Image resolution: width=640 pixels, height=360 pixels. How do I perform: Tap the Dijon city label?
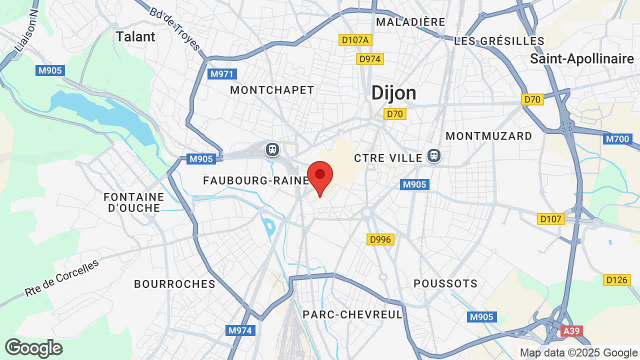pos(393,93)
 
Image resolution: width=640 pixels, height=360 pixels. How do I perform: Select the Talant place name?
pos(135,36)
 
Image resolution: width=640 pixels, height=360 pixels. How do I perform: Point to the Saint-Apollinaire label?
pos(582,59)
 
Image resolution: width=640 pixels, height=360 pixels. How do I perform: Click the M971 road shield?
pos(222,74)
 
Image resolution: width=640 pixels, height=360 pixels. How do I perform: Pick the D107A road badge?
pos(355,40)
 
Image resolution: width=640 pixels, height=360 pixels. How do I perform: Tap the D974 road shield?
pos(370,59)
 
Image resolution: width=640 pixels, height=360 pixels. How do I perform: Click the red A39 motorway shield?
pos(571,331)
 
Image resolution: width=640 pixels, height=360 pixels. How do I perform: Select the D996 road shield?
pos(380,239)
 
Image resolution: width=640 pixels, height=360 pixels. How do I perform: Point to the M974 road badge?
pos(241,330)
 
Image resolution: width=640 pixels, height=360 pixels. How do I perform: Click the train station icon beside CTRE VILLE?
pos(433,155)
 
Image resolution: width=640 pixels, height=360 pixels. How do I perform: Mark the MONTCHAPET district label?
pos(272,90)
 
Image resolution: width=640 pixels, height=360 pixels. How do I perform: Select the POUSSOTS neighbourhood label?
pos(445,283)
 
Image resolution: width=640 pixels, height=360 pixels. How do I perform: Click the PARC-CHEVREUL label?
pos(352,314)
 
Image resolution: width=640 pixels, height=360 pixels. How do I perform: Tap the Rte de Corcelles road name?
pos(62,278)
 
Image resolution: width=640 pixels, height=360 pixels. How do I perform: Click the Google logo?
pos(33,348)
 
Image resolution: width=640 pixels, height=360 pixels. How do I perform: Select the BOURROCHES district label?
pos(174,284)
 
